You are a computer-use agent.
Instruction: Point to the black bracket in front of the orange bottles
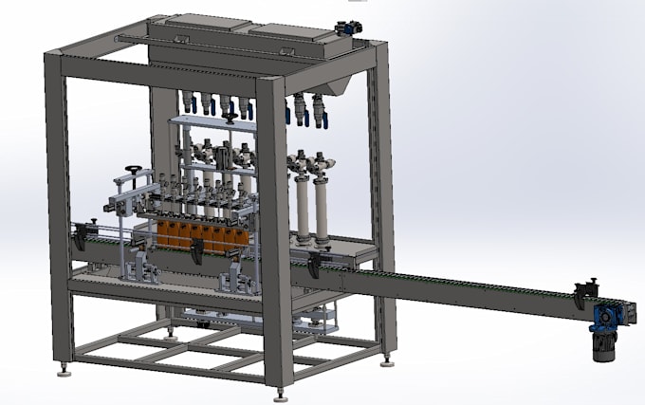196,252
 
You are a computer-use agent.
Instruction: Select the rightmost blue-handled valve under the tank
320,114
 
